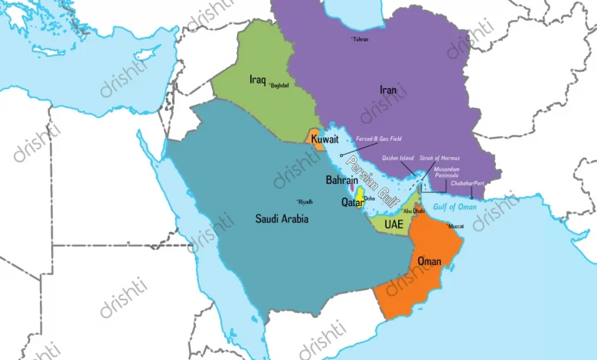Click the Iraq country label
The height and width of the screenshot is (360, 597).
(x=257, y=79)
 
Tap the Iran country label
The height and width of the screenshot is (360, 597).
(x=388, y=90)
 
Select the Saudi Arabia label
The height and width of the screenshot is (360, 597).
(x=282, y=218)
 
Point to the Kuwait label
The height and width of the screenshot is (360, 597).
(x=325, y=139)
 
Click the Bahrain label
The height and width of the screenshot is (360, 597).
(x=341, y=180)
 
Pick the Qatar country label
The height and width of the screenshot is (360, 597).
(x=352, y=203)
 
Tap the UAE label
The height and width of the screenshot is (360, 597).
(x=393, y=224)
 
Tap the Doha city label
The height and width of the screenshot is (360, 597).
(x=369, y=198)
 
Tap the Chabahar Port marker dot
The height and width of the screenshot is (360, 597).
(x=471, y=198)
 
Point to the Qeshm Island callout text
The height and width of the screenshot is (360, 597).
(x=398, y=157)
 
